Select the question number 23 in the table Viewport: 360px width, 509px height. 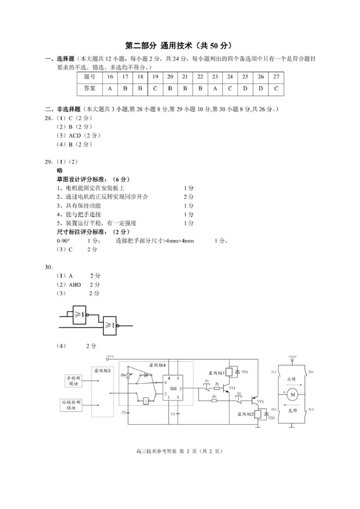[x=215, y=77]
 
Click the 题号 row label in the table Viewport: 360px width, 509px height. [x=90, y=77]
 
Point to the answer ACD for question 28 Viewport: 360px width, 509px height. [x=75, y=135]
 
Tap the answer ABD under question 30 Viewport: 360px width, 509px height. [x=75, y=285]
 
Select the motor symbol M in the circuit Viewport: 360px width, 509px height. [x=293, y=395]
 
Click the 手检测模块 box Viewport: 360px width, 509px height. [x=72, y=381]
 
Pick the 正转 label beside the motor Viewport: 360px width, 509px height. [x=291, y=379]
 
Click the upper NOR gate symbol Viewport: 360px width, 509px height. [x=79, y=314]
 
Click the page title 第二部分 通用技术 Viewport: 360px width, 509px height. [x=158, y=45]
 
